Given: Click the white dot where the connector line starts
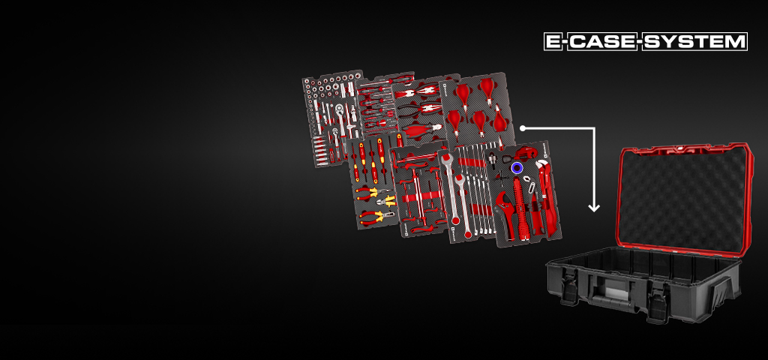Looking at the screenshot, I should click(x=522, y=127).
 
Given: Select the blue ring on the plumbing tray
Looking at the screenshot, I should click(x=517, y=169).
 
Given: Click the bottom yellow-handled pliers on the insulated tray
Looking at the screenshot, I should click(x=375, y=217).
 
